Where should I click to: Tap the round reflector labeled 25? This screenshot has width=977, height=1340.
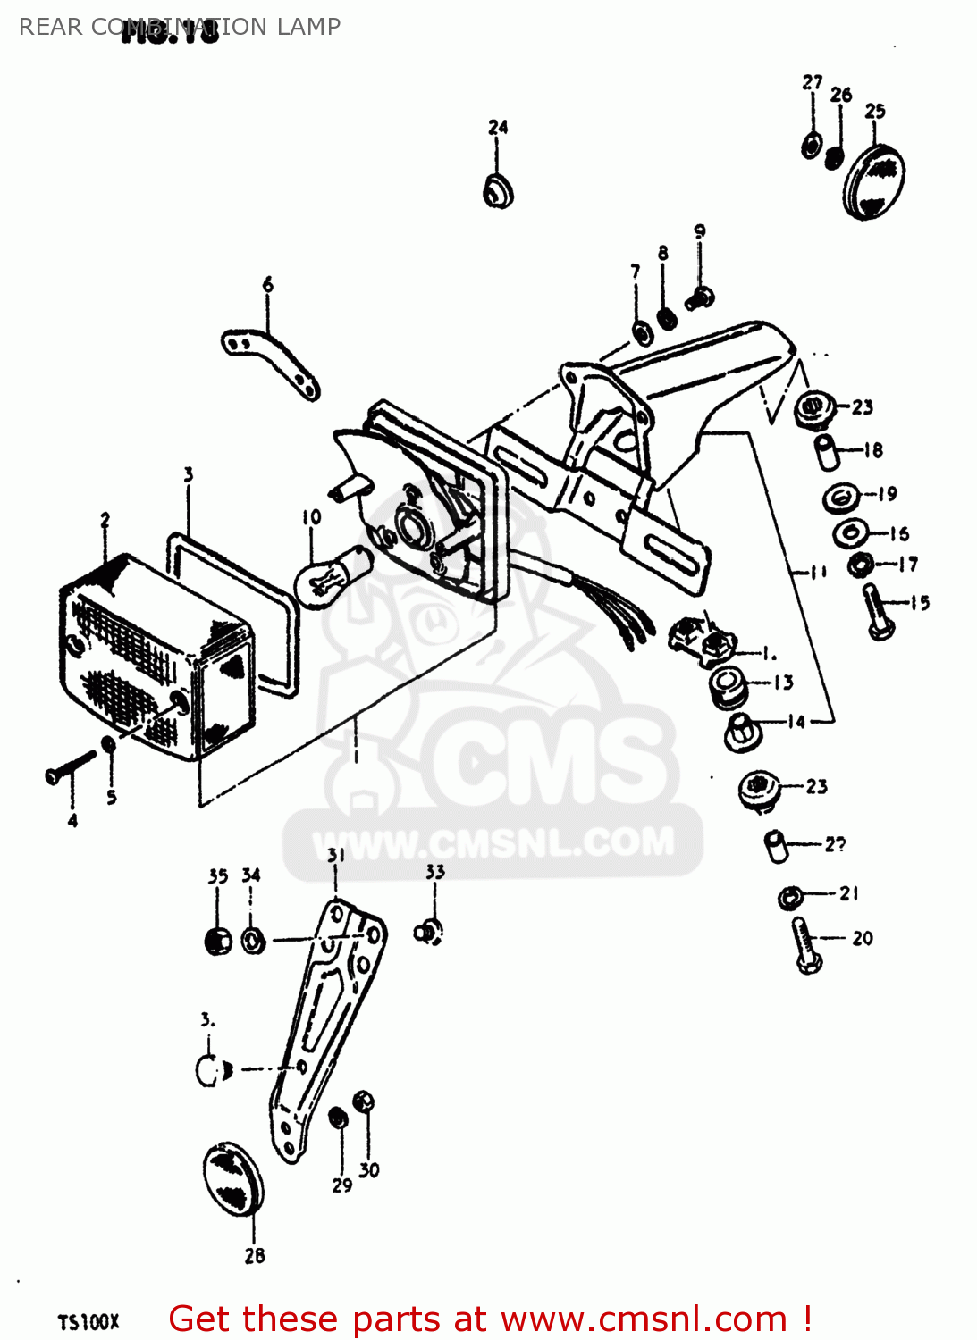point(873,181)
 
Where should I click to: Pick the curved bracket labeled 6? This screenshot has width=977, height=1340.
point(271,362)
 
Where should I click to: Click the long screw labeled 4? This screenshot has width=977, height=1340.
point(70,766)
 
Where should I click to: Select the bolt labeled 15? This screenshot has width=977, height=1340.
point(878,613)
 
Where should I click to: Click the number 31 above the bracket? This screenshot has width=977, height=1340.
point(335,855)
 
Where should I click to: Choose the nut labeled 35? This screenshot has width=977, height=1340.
point(218,941)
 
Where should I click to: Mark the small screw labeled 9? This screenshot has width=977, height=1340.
point(700,297)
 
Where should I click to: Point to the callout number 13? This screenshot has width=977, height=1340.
point(783,683)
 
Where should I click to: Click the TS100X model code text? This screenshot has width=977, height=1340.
point(88,1322)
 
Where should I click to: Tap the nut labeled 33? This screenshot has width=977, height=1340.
point(429,932)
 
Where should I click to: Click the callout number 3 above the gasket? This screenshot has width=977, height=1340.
point(189,474)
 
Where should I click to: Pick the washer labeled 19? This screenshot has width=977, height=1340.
point(840,496)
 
